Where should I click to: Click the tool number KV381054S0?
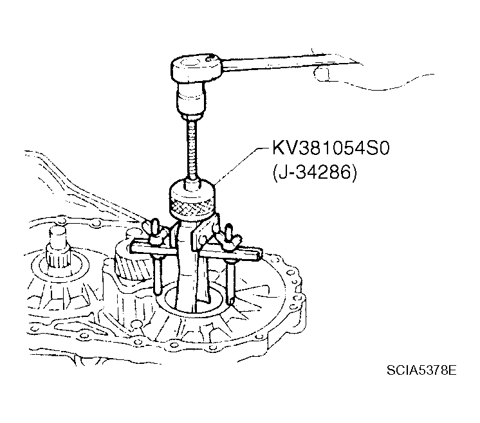(x=331, y=148)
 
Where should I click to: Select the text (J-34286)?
(x=315, y=174)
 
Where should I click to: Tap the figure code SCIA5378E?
(x=421, y=370)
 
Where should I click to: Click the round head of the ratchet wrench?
(x=198, y=69)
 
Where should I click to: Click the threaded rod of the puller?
(x=191, y=149)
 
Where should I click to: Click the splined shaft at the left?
(x=57, y=248)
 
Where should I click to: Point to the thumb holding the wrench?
(x=322, y=74)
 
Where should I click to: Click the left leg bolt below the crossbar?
(x=157, y=273)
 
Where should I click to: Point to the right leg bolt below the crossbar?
(x=231, y=282)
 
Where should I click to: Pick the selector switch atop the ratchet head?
(x=211, y=57)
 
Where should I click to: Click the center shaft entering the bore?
(x=186, y=269)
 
